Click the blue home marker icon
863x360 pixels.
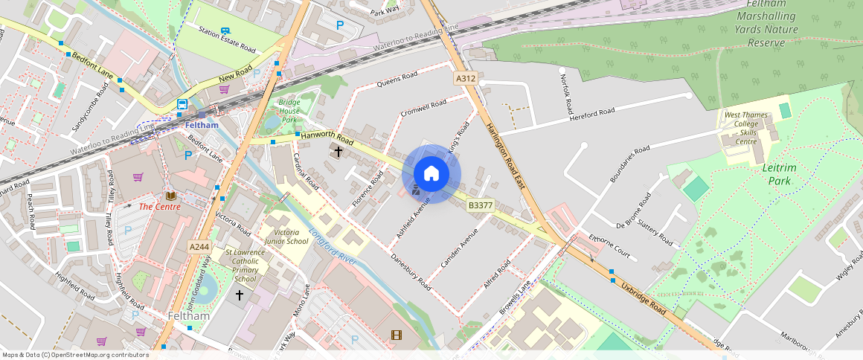click(x=431, y=174)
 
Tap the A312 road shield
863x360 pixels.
click(x=466, y=78)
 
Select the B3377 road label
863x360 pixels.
click(x=481, y=204)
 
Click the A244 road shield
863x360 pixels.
click(x=199, y=247)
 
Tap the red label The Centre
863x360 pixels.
click(x=159, y=206)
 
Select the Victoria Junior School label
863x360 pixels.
click(x=287, y=237)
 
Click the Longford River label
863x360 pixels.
click(x=334, y=246)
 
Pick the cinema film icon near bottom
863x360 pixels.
click(x=396, y=335)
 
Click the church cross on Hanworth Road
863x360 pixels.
click(x=338, y=152)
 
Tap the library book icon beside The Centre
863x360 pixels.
click(x=171, y=196)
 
